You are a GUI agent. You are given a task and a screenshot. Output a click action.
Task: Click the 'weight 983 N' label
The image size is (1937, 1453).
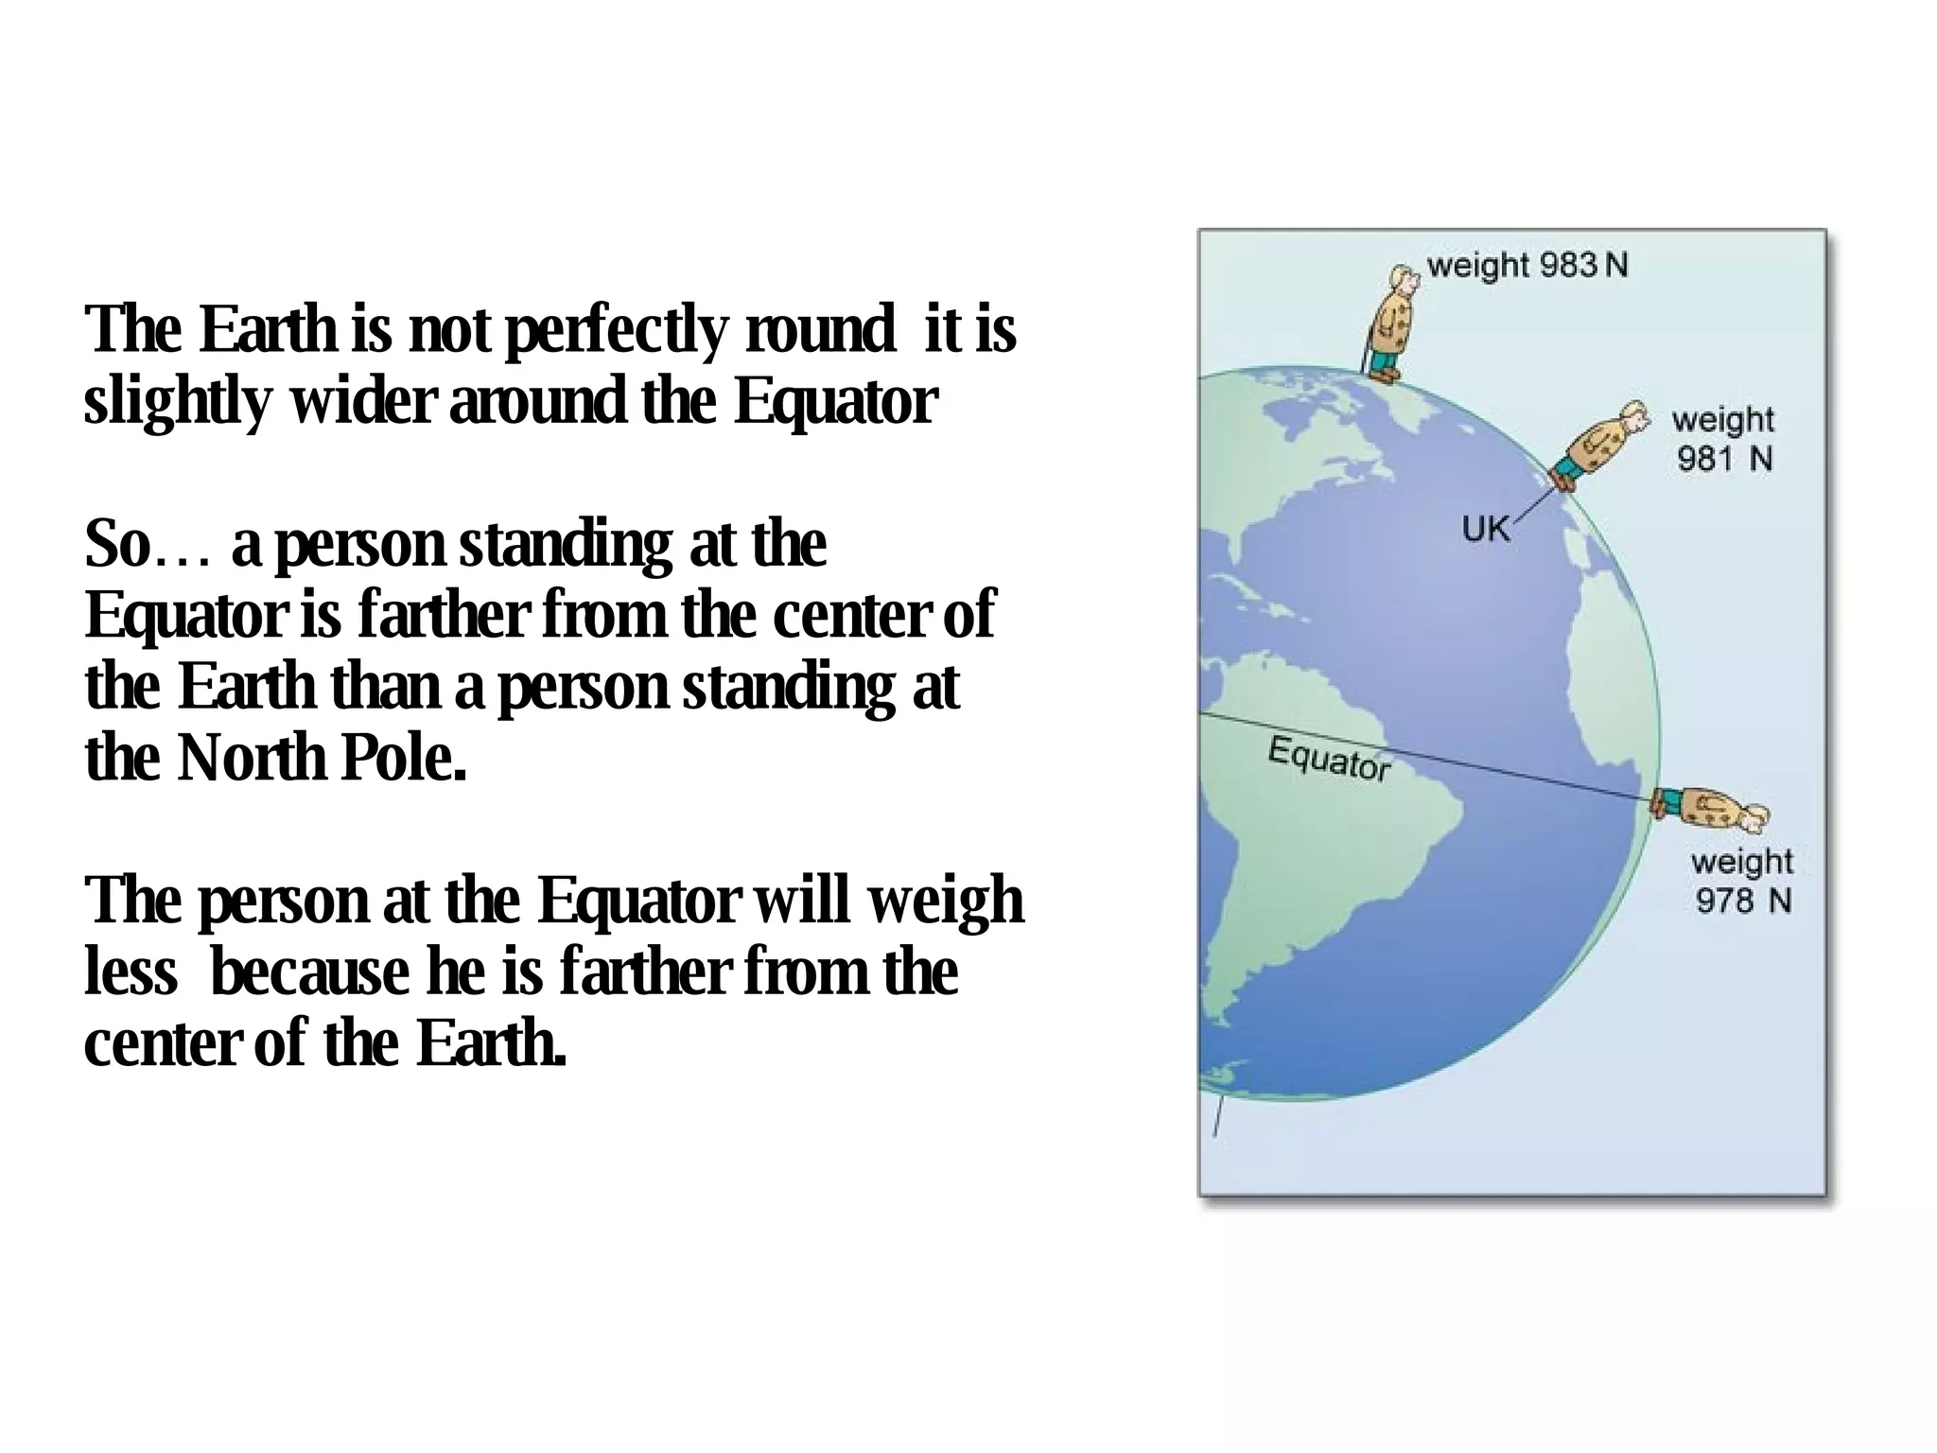[x=1527, y=266]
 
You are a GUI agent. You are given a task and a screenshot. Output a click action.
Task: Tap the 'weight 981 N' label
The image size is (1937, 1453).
[x=1723, y=439]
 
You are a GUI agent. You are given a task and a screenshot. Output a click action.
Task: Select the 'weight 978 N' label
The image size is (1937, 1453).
[x=1742, y=881]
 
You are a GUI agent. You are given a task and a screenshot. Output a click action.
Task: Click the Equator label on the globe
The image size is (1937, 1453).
[x=1329, y=759]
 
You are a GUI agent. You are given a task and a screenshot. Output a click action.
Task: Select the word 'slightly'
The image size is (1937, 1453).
[x=177, y=401]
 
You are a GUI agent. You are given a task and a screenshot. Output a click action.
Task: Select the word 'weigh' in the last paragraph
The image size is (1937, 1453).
[x=945, y=901]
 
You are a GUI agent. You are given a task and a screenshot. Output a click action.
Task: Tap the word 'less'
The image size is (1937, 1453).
[x=131, y=972]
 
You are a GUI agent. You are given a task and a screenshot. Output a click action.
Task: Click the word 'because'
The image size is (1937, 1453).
[x=310, y=972]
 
